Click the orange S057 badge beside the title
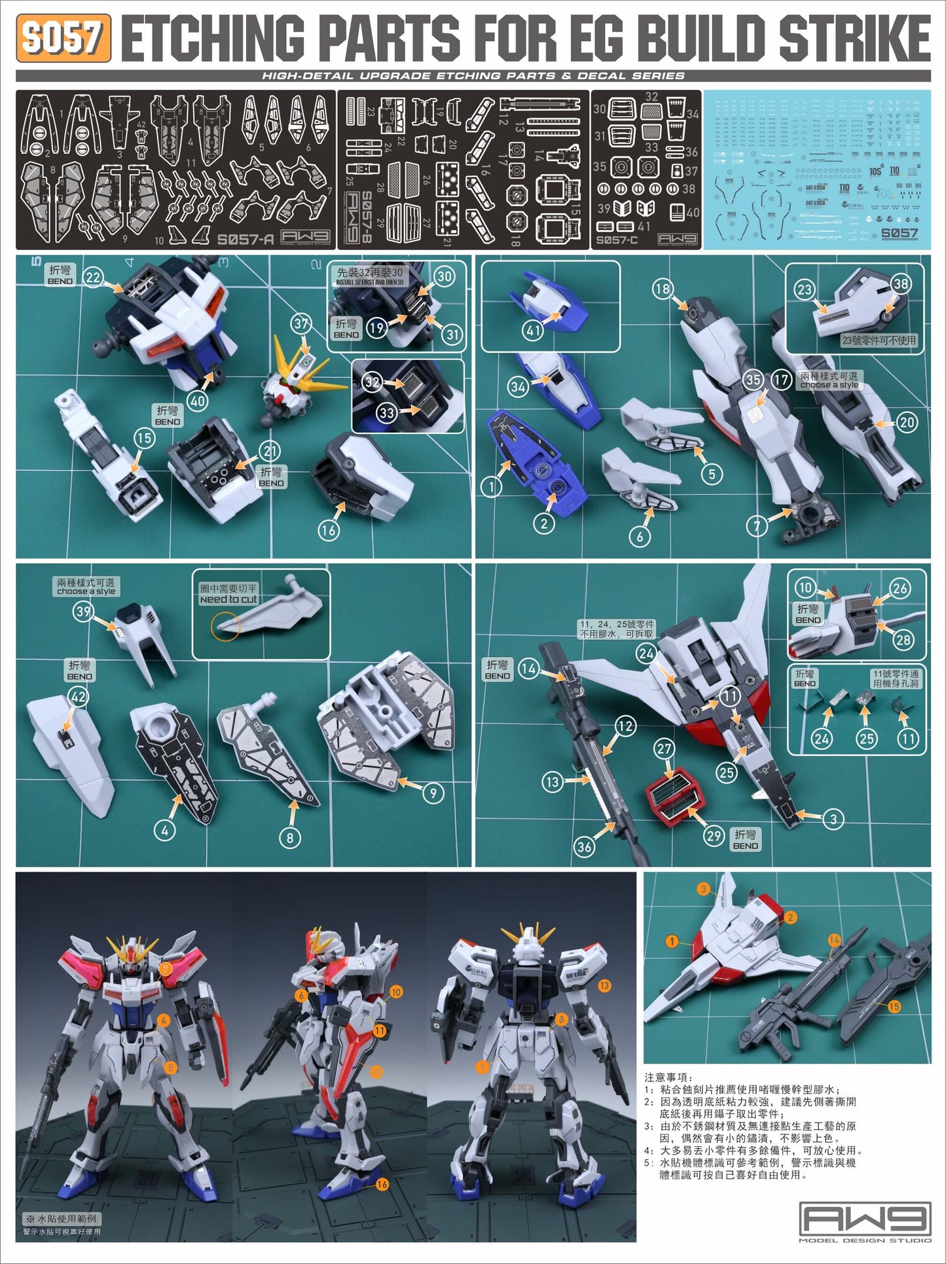(x=63, y=38)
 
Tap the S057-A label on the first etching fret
(x=245, y=240)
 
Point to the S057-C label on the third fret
(x=617, y=240)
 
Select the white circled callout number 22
(x=94, y=278)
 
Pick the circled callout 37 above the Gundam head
(x=301, y=323)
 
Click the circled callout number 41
(x=533, y=331)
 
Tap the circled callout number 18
(x=663, y=289)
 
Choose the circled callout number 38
(x=901, y=283)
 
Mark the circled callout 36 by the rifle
(x=584, y=846)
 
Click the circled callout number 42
(x=79, y=696)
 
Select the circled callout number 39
(x=83, y=611)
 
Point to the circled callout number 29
(x=714, y=835)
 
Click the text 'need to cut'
(x=228, y=599)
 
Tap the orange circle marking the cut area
(x=225, y=626)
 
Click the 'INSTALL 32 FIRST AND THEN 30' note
(x=370, y=282)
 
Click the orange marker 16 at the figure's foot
(x=382, y=1183)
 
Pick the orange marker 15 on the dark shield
(x=894, y=1006)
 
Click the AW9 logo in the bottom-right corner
(x=865, y=1219)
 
